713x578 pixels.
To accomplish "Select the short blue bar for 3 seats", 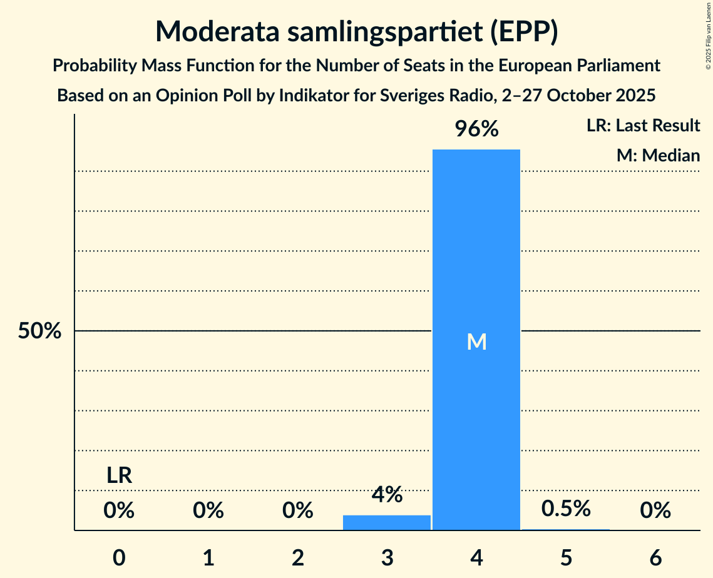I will coord(387,522).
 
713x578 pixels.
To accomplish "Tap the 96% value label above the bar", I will coord(476,129).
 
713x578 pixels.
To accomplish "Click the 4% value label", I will coord(387,495).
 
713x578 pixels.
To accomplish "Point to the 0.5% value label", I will coord(566,509).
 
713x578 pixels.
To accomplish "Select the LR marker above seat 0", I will coord(119,476).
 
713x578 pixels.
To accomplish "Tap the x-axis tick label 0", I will coord(119,557).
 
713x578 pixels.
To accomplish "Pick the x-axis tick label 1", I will coord(208,557).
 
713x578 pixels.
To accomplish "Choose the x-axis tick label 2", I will coord(298,557).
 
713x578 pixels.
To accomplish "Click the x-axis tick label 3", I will coord(387,557).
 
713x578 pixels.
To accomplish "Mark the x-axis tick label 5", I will coord(566,557).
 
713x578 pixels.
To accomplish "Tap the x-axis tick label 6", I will coord(655,557).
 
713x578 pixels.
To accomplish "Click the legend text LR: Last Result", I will coord(643,126).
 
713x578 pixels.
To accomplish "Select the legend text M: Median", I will coord(658,155).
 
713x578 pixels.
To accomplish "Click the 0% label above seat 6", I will coord(655,511).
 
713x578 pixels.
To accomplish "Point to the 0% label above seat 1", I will coord(208,511).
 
